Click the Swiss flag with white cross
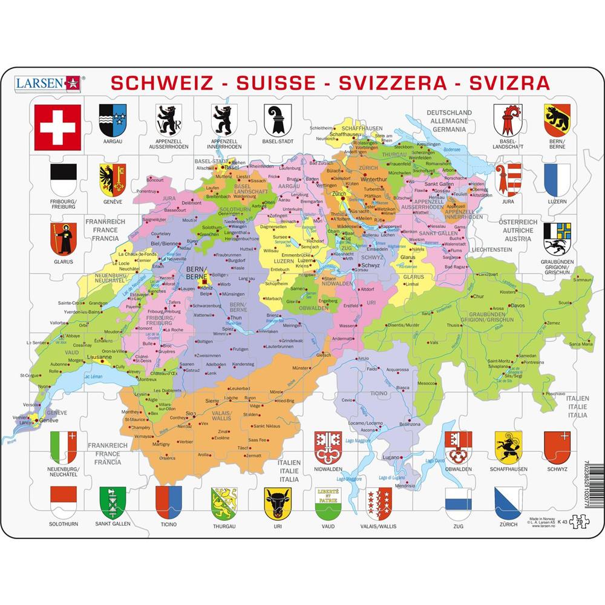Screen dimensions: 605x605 (x=57, y=127)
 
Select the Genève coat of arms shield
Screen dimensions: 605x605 (x=113, y=179)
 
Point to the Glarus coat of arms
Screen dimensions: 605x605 (x=63, y=238)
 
